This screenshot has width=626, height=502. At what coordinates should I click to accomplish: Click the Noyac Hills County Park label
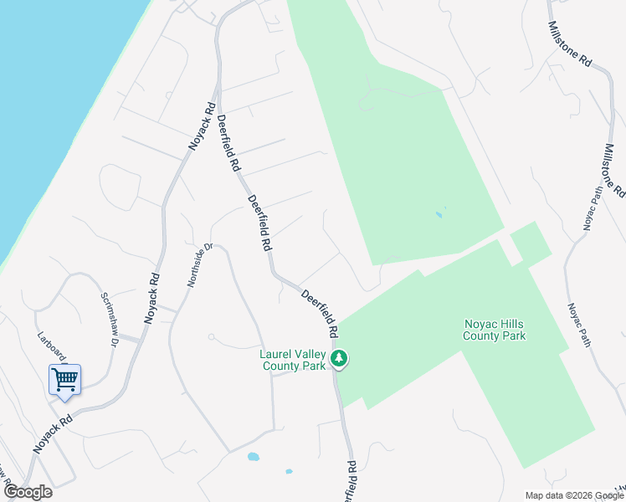pyautogui.click(x=495, y=330)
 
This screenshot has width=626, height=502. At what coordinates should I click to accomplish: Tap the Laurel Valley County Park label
pyautogui.click(x=293, y=360)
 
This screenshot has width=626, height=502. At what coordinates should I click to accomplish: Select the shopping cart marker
pyautogui.click(x=64, y=381)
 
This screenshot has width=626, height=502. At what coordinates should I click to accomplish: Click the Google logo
pyautogui.click(x=28, y=492)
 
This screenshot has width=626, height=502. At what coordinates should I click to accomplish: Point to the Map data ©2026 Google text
pyautogui.click(x=574, y=495)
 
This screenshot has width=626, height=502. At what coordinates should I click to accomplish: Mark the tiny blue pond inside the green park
pyautogui.click(x=439, y=215)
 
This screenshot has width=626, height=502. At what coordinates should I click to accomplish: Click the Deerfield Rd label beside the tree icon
pyautogui.click(x=320, y=314)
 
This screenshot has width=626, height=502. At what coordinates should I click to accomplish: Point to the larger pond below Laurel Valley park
pyautogui.click(x=253, y=457)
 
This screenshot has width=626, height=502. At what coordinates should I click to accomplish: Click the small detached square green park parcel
pyautogui.click(x=531, y=243)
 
